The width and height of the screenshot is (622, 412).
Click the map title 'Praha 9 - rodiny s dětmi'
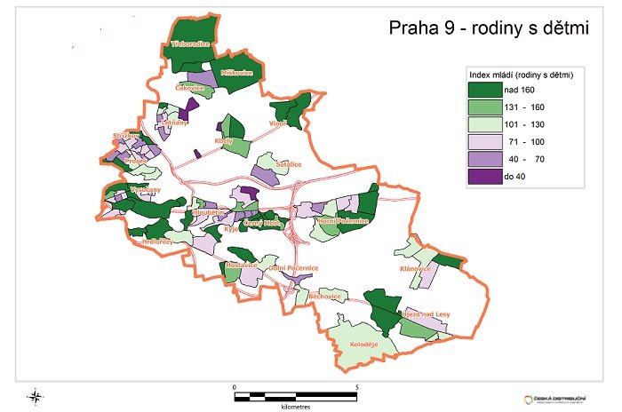[490, 28]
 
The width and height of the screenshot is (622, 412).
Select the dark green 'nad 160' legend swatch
[488, 90]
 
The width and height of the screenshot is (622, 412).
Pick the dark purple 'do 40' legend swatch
[488, 176]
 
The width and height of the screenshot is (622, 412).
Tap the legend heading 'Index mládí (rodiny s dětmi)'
[521, 75]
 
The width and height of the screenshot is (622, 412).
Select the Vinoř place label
[279, 123]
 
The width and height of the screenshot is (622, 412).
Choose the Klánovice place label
[415, 269]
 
